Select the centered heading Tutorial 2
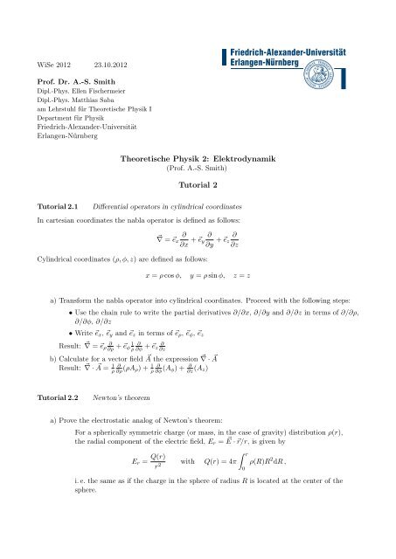pos(197,185)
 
